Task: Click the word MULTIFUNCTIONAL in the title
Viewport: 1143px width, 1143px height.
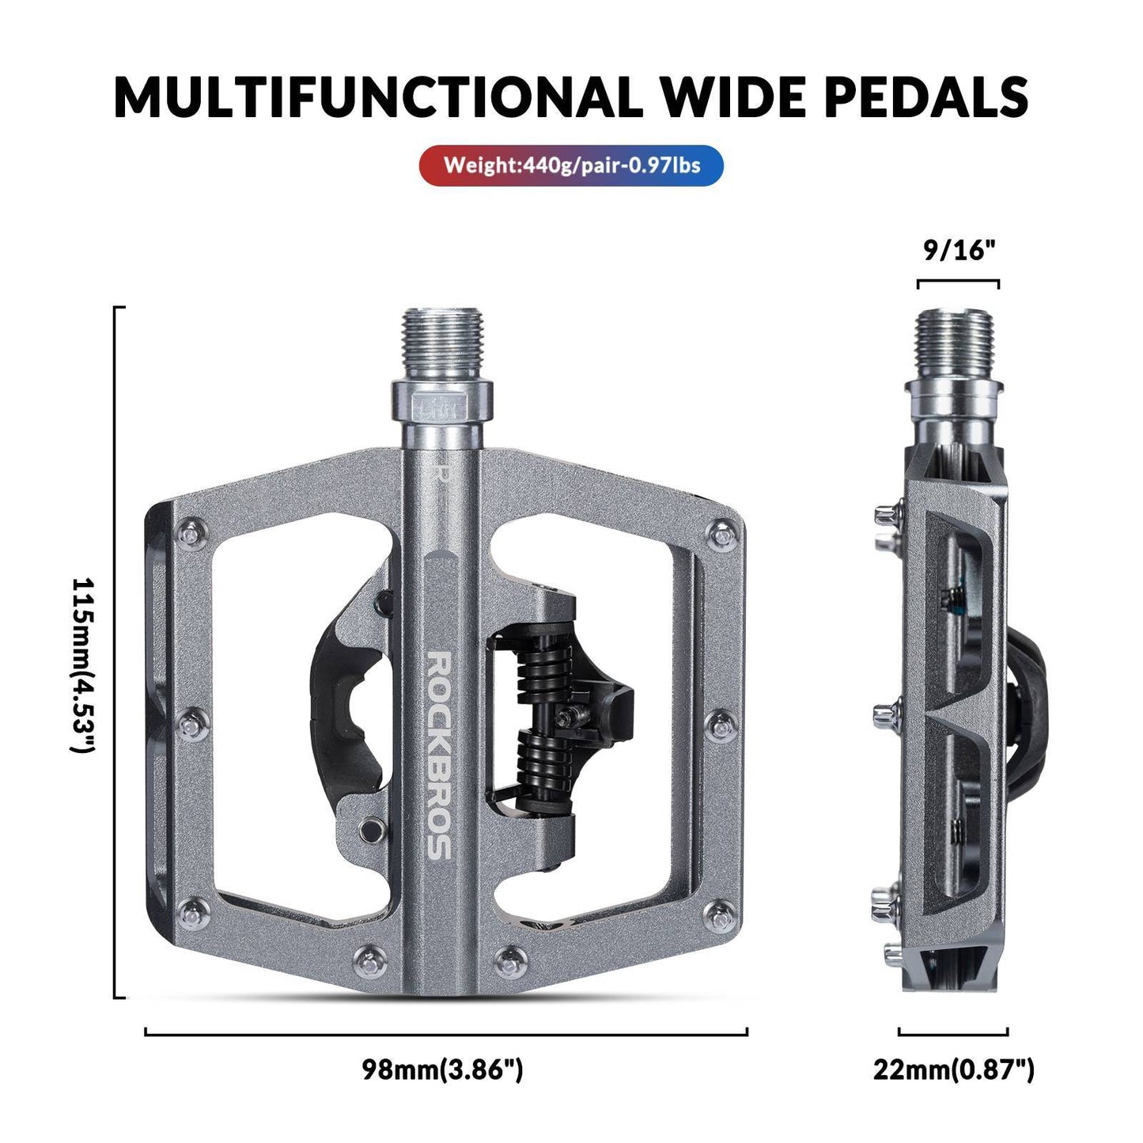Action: pos(375,97)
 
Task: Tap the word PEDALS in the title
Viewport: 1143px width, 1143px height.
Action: pos(926,97)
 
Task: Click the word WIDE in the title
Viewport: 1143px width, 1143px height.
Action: pos(730,97)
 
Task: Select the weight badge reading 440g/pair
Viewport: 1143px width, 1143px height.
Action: pos(571,165)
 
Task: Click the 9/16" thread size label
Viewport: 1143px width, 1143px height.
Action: pos(958,251)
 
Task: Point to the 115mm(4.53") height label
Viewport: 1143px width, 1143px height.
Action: pos(83,664)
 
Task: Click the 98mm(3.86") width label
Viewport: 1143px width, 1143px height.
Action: pos(443,1069)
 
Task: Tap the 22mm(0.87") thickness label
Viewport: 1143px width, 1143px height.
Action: pos(953,1069)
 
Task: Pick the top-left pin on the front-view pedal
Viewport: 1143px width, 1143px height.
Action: pos(190,536)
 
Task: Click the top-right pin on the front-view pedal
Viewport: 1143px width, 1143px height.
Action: pos(721,536)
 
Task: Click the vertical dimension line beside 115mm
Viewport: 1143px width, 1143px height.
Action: pos(116,653)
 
